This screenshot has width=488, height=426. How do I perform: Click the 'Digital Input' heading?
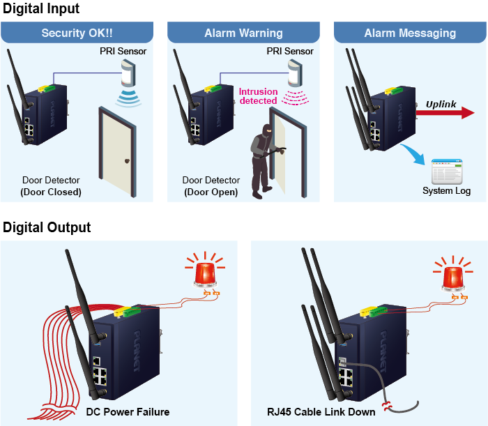tap(41, 9)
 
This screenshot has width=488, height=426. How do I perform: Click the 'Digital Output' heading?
tap(47, 227)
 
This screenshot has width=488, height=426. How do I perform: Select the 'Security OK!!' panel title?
tap(77, 33)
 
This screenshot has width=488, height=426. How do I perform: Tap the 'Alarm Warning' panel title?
tap(243, 33)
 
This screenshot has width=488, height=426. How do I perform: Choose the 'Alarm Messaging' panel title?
tap(410, 33)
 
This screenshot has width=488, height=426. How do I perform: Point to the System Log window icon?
tap(446, 171)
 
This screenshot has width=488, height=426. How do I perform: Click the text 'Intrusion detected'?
tap(258, 96)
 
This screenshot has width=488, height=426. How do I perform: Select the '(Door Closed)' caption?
tap(51, 192)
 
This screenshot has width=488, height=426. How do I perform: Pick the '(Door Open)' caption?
tap(210, 192)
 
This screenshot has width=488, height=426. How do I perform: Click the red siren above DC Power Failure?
tap(205, 275)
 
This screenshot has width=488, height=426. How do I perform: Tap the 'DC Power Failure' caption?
tap(128, 411)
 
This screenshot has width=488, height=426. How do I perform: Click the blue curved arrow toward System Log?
tap(415, 154)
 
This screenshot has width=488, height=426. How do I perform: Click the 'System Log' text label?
tap(447, 191)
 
